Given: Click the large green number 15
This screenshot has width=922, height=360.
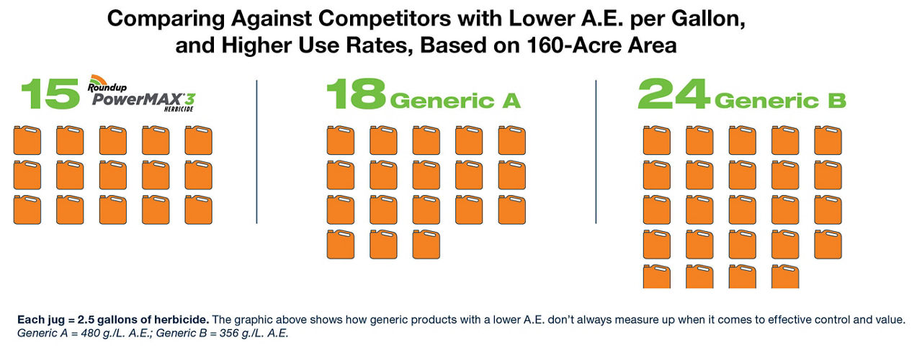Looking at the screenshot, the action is point(50,94).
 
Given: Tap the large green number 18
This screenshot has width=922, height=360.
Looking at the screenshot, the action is point(357,94).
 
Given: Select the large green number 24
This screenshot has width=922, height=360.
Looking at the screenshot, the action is point(674,94).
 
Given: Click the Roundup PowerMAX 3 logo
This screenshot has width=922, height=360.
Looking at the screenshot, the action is point(142,94).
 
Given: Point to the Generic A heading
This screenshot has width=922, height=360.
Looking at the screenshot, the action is point(455,101).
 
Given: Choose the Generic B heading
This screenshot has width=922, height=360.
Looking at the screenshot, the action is point(780,101).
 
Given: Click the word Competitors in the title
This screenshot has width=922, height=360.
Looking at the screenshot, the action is point(385,19).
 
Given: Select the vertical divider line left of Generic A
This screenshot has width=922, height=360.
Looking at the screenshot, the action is point(257,152).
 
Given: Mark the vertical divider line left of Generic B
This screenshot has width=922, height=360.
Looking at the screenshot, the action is point(596,152).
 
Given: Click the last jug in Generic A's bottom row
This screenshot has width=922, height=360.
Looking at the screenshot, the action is point(426,244).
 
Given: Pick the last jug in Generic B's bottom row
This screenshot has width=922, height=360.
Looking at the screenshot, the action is point(785,276).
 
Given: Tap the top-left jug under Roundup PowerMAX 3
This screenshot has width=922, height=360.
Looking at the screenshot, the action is point(27,140).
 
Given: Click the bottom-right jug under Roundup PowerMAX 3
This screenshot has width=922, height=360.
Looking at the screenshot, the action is point(198,210).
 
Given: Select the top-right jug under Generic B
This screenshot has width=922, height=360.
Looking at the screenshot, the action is point(828,140).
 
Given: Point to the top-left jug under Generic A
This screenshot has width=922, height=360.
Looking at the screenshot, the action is point(341,140).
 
